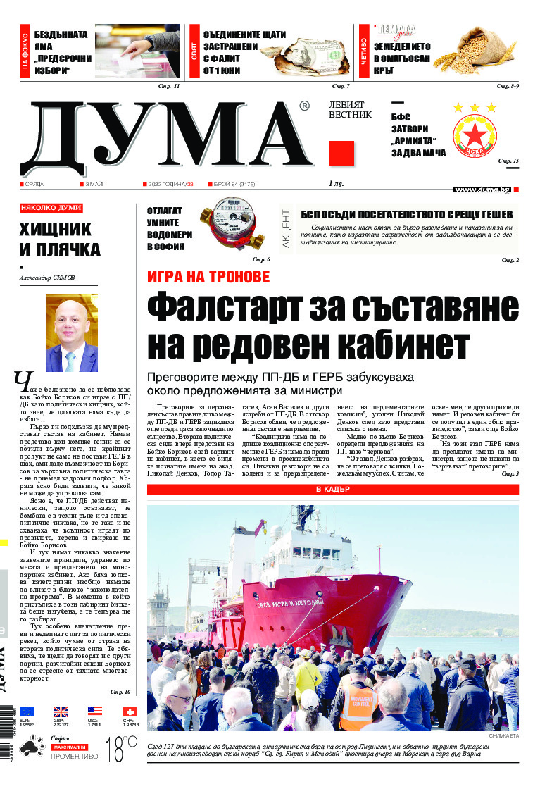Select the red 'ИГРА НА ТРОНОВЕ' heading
click(208, 277)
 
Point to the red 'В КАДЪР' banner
click(332, 489)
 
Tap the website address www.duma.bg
click(482, 190)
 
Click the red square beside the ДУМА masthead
click(341, 154)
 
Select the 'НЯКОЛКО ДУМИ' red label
click(51, 208)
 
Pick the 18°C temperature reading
click(120, 750)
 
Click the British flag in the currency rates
click(61, 712)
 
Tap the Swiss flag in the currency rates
click(129, 712)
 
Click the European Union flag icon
click(26, 712)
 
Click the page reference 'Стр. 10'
click(120, 692)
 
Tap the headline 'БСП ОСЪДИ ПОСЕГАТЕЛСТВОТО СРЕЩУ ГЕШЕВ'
click(406, 215)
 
